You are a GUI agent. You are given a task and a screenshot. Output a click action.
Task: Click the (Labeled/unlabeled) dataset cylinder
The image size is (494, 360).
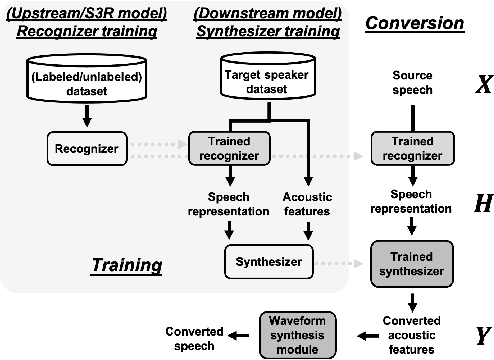click(x=87, y=79)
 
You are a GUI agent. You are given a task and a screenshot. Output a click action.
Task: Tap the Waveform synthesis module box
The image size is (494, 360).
click(x=290, y=334)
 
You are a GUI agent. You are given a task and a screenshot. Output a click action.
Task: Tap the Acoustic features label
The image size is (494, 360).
click(x=306, y=205)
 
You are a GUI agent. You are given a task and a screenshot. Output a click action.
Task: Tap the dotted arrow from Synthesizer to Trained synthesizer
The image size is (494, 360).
click(x=335, y=262)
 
